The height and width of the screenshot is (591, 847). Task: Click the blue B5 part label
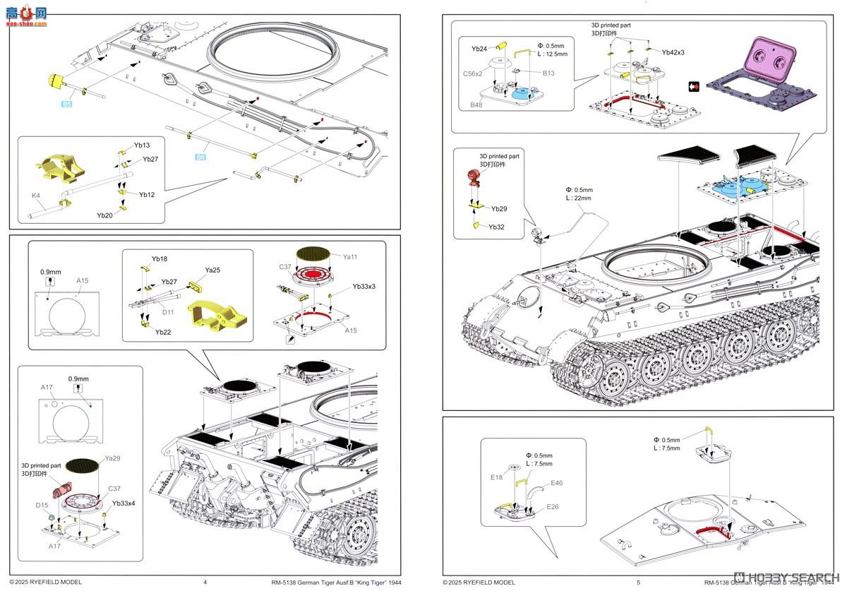click(66, 105)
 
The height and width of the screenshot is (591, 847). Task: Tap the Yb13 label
click(141, 145)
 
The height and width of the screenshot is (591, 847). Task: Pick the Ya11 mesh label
click(350, 258)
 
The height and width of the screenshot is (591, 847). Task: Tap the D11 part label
click(168, 312)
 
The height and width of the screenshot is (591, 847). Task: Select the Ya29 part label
click(112, 458)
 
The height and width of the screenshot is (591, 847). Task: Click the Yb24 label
click(479, 49)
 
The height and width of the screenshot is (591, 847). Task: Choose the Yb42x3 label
click(673, 52)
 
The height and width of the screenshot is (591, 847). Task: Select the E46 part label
click(557, 483)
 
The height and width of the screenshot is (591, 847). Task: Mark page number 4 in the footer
click(205, 583)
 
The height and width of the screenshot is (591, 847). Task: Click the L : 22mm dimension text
click(579, 198)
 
